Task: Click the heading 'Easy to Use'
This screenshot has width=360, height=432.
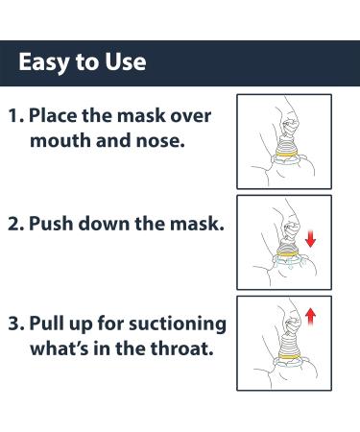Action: [83, 63]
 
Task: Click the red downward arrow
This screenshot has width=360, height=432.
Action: [310, 238]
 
